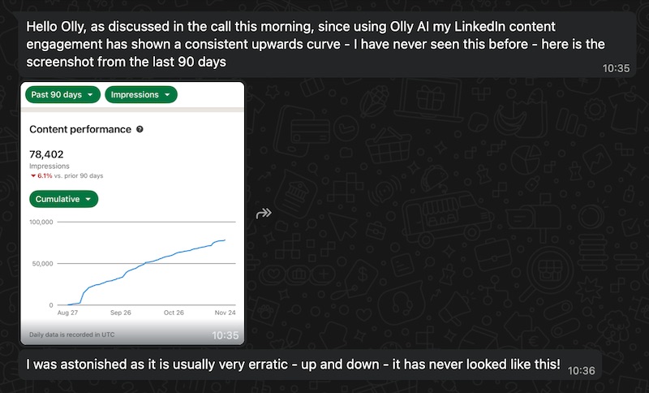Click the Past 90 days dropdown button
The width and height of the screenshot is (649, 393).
[x=63, y=94]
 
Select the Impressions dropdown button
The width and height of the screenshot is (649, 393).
[x=141, y=94]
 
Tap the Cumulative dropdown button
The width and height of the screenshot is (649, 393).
[x=64, y=199]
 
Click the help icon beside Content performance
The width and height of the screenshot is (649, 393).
[x=140, y=129]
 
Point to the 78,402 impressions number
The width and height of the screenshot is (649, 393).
[x=46, y=154]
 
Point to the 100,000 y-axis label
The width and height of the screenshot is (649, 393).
[x=41, y=222]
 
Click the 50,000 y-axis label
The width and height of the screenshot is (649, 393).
[x=43, y=263]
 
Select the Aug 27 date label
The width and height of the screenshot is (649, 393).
[x=67, y=313]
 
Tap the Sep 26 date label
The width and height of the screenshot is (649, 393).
[x=120, y=313]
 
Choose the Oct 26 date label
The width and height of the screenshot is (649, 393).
[x=174, y=313]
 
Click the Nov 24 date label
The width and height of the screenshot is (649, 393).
[x=226, y=313]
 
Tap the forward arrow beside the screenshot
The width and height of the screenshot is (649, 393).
[x=264, y=214]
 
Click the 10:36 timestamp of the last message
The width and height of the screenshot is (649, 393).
[x=581, y=370]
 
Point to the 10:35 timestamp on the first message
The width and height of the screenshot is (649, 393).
[x=616, y=68]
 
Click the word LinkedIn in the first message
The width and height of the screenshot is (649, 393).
[x=479, y=27]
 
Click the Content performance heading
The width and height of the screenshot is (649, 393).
[x=80, y=129]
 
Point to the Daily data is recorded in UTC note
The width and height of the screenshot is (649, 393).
[x=72, y=335]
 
